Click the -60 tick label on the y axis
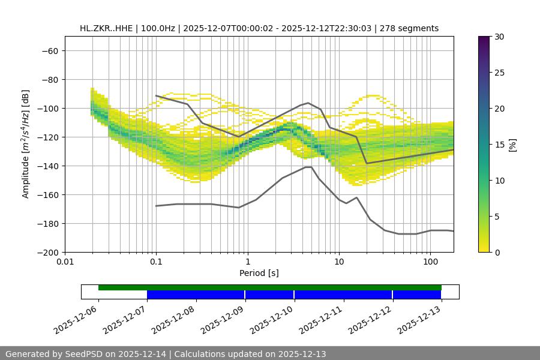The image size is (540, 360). (49, 50)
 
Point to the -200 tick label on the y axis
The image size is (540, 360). (47, 252)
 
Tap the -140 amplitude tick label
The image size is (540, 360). (47, 166)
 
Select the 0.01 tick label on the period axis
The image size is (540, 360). (65, 262)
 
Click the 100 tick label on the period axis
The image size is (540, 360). (430, 262)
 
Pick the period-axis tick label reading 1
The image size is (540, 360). (247, 262)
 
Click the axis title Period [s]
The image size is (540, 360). (259, 273)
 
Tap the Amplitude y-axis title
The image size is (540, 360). (26, 144)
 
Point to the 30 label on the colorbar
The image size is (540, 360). (499, 37)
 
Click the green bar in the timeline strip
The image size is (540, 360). (270, 287)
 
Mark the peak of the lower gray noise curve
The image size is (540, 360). (308, 167)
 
